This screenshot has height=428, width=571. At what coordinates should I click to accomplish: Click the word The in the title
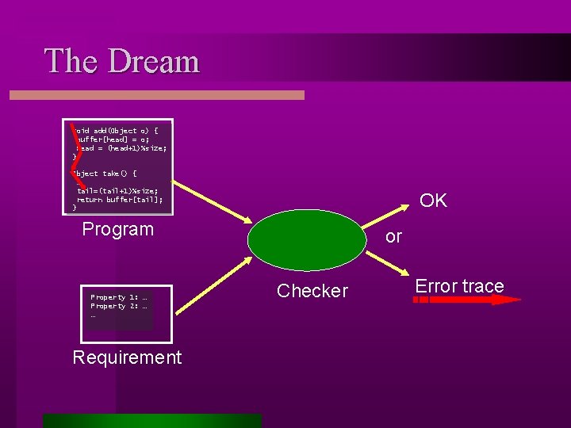pyautogui.click(x=72, y=62)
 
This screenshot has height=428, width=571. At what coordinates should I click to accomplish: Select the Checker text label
pyautogui.click(x=312, y=291)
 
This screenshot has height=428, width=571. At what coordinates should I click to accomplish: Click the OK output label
pyautogui.click(x=433, y=201)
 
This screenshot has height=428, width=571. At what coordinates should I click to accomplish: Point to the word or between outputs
pyautogui.click(x=393, y=237)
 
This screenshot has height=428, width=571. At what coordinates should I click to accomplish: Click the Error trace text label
pyautogui.click(x=459, y=286)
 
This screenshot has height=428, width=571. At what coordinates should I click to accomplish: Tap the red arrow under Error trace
pyautogui.click(x=468, y=300)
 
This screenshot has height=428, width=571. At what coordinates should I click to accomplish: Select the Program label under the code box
pyautogui.click(x=117, y=230)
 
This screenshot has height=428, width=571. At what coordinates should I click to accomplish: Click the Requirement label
pyautogui.click(x=127, y=357)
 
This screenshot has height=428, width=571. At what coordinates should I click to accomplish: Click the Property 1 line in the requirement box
pyautogui.click(x=119, y=297)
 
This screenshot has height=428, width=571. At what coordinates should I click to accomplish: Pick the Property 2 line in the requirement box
pyautogui.click(x=119, y=306)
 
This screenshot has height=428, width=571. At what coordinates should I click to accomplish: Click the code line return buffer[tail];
pyautogui.click(x=120, y=200)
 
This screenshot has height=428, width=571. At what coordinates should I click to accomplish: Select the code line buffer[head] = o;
pyautogui.click(x=111, y=139)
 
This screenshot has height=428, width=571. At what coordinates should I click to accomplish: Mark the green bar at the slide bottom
pyautogui.click(x=151, y=420)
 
